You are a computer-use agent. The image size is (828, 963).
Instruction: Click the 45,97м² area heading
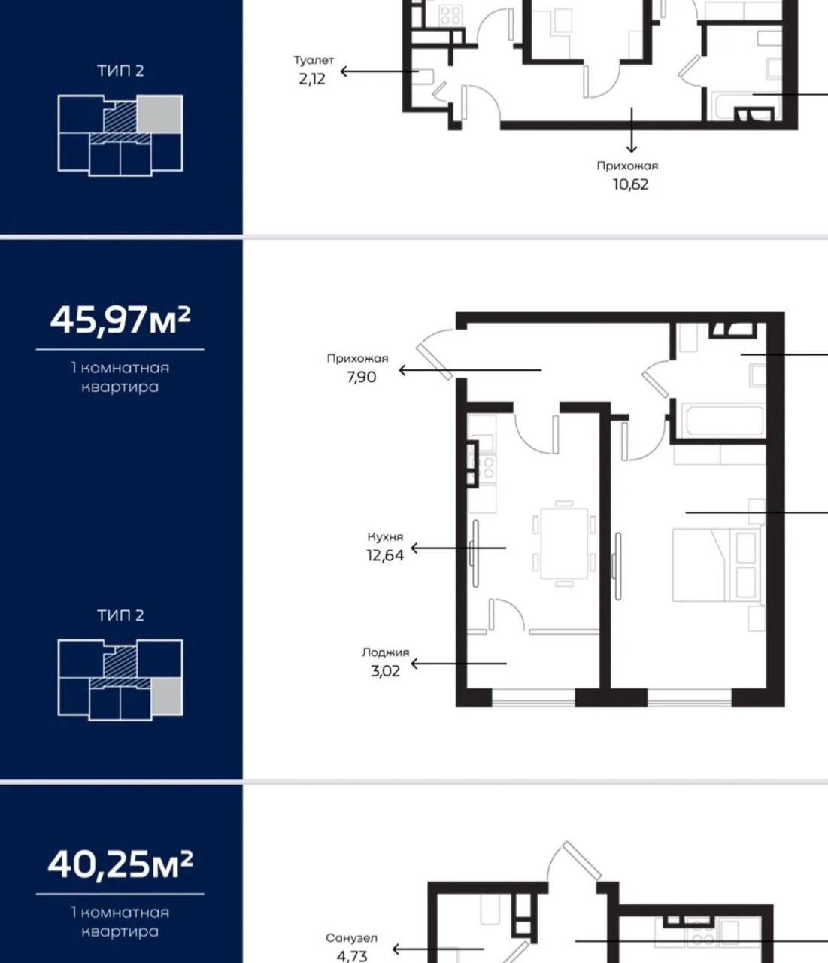(x=120, y=320)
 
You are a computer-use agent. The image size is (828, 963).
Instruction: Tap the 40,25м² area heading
(x=120, y=865)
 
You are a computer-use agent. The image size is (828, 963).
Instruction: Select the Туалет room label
(x=314, y=61)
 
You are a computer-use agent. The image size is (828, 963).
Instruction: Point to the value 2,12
(x=312, y=79)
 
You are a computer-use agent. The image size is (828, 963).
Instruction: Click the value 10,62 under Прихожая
(x=630, y=184)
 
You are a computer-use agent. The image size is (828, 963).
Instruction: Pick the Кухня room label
(x=385, y=536)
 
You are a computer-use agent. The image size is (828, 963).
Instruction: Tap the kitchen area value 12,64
(x=385, y=555)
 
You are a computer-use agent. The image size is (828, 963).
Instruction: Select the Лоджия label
(x=386, y=653)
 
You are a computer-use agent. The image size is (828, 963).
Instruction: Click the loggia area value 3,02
(x=385, y=671)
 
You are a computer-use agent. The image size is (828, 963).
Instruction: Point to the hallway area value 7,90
(x=362, y=377)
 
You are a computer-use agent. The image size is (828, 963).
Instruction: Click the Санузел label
(x=352, y=938)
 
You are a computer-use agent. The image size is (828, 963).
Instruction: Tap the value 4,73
(x=352, y=956)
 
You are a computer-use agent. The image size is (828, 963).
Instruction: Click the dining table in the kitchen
(x=564, y=544)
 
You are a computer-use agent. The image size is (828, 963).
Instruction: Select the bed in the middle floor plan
(x=716, y=565)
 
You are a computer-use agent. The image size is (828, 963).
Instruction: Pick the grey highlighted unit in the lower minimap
(x=167, y=696)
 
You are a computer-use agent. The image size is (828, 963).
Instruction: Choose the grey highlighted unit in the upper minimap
(x=159, y=114)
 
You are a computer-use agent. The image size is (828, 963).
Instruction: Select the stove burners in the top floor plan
(x=450, y=15)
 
